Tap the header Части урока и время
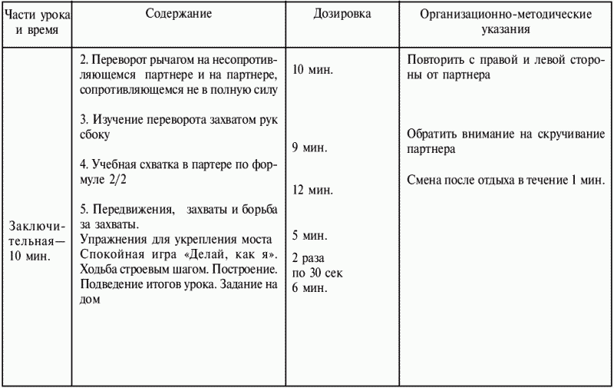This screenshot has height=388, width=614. point(36,22)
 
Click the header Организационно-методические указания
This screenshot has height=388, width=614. point(504,22)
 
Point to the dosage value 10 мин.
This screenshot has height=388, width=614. point(314,69)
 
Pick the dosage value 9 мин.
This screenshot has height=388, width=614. point(310,146)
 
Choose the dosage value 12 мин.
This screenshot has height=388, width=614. point(314,190)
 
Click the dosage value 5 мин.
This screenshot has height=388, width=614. point(310,234)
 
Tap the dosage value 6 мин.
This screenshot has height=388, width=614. point(310,288)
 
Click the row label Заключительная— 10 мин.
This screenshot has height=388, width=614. point(36,240)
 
